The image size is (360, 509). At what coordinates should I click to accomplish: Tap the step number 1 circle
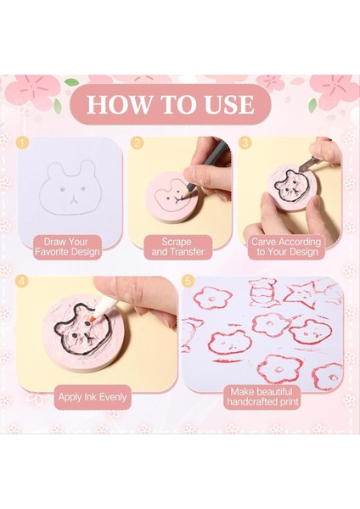(x=22, y=143)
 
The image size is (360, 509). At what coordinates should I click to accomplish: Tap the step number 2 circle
(x=137, y=143)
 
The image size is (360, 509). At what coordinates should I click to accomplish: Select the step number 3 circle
(x=245, y=143)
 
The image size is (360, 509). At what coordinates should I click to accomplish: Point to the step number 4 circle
(x=22, y=281)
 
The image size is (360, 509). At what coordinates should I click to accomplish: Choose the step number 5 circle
(x=188, y=281)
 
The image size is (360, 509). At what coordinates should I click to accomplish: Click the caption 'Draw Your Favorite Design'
(x=67, y=247)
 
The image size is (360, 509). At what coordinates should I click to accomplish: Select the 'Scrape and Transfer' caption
(x=177, y=247)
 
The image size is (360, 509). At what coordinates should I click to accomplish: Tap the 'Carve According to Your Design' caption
(x=286, y=247)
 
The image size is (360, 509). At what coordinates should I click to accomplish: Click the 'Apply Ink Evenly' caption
(x=93, y=397)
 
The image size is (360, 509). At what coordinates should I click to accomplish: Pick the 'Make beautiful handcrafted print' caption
(x=262, y=397)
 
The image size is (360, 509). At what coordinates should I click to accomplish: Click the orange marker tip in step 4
(x=93, y=318)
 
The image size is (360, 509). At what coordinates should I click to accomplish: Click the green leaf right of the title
(x=312, y=105)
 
